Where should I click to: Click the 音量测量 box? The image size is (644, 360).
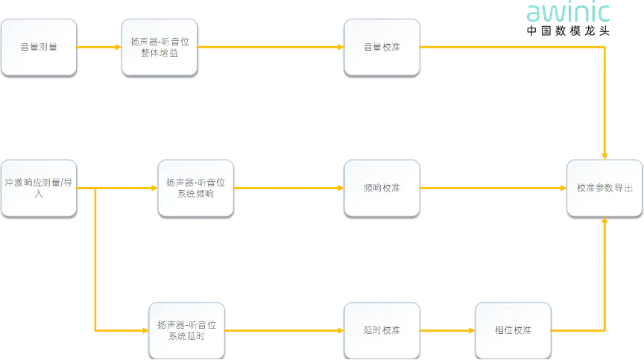point(39,47)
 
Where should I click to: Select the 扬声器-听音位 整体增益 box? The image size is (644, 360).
point(160,47)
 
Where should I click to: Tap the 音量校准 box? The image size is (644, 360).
point(382,47)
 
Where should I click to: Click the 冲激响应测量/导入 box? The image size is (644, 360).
point(39,188)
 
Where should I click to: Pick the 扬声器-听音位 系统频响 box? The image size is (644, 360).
point(196,188)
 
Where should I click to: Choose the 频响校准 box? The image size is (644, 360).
point(382,188)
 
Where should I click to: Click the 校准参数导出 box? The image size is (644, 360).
point(604,188)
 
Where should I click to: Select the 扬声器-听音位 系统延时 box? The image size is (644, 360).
point(187,330)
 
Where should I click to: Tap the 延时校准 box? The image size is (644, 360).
point(382,330)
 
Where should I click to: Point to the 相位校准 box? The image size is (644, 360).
point(513,330)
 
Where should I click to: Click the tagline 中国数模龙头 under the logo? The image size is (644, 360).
point(569,31)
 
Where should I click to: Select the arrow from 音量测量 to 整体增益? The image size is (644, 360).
point(99,47)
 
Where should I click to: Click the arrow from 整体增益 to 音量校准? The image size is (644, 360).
point(271,47)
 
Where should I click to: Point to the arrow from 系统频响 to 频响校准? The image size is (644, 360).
point(288,188)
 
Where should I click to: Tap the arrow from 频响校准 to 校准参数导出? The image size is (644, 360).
point(493,188)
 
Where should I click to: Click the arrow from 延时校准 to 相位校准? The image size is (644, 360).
point(447,330)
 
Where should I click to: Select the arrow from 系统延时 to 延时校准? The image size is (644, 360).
point(284,330)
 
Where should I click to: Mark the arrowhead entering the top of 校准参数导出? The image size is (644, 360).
point(604,157)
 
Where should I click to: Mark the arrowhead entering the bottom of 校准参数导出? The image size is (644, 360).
point(604,220)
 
